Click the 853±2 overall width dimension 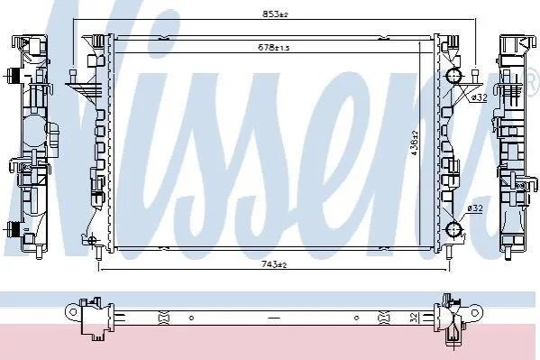tap(275, 14)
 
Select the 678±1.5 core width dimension tap(274, 47)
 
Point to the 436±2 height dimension tap(415, 143)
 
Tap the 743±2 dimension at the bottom tap(274, 264)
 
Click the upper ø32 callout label tap(479, 97)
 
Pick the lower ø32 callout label tap(475, 208)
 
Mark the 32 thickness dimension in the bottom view tap(415, 317)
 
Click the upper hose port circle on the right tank tap(453, 77)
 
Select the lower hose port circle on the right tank tap(453, 228)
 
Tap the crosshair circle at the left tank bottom tap(92, 240)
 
